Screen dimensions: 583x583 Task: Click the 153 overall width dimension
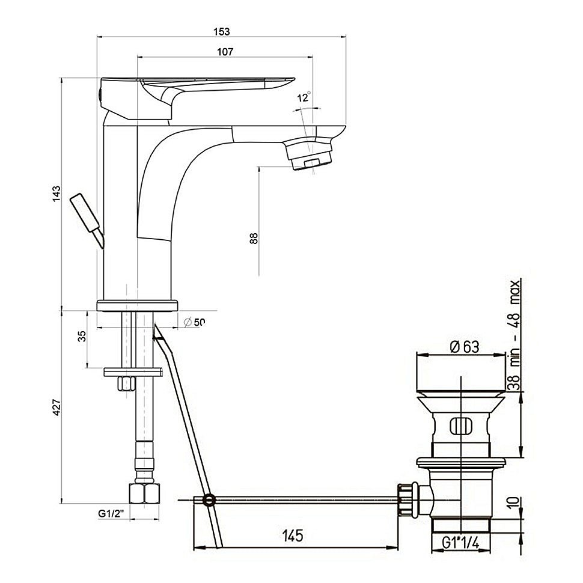click(222, 32)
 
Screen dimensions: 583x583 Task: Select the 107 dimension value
click(225, 52)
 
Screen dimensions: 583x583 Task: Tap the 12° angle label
click(304, 97)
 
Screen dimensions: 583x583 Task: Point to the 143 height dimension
click(56, 194)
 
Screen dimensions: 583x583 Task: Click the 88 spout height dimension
click(254, 239)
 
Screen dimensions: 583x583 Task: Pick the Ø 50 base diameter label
click(195, 322)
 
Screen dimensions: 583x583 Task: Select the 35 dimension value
click(82, 336)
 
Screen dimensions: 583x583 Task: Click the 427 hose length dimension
click(56, 407)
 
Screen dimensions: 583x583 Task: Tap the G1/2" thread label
click(111, 513)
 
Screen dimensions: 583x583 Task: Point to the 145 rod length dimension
click(293, 536)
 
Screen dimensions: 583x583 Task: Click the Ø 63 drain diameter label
click(465, 347)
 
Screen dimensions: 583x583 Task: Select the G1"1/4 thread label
click(460, 543)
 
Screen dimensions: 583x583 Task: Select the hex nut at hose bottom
click(144, 493)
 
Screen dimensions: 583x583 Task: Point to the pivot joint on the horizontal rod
click(210, 499)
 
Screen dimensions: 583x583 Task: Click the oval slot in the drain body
click(460, 426)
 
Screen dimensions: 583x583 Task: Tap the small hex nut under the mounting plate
click(126, 383)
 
